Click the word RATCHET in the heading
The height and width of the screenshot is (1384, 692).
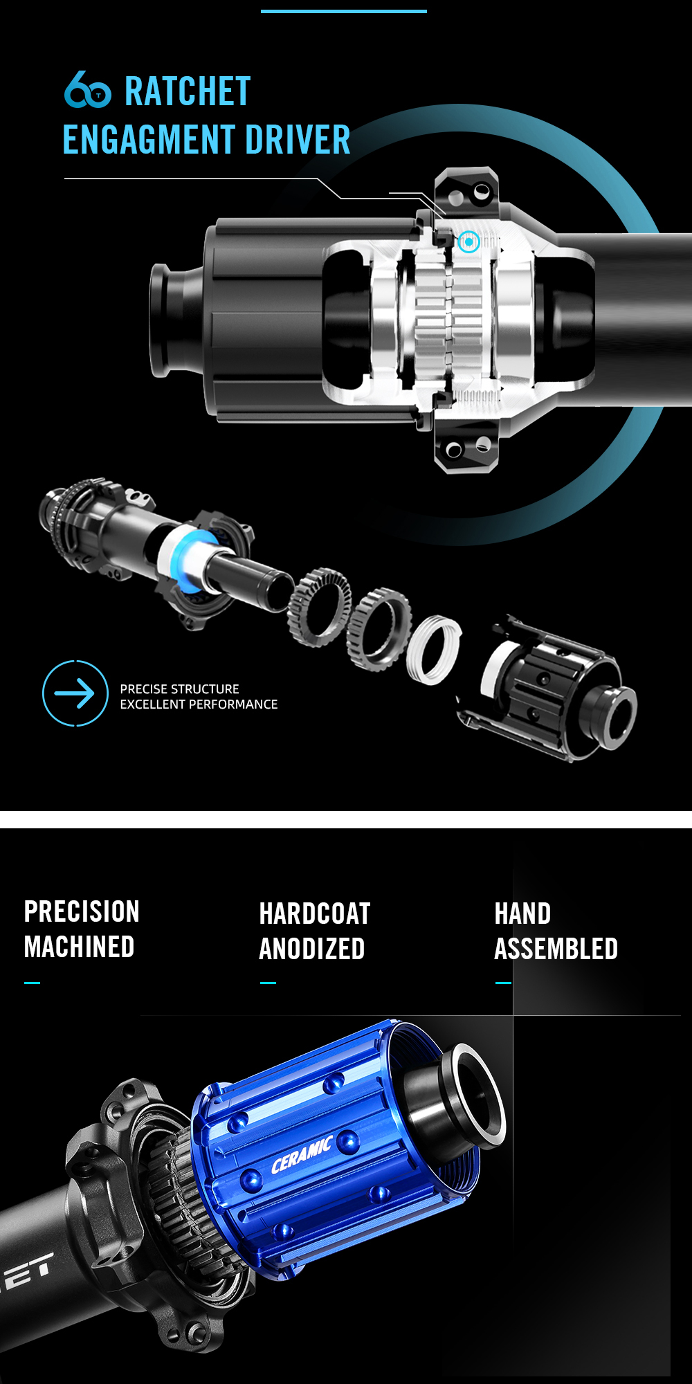188,92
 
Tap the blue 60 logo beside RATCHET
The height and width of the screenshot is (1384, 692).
87,89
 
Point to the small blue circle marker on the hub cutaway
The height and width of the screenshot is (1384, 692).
468,242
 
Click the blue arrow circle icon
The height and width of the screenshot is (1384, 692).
75,693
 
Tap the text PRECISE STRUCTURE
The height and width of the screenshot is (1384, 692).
179,689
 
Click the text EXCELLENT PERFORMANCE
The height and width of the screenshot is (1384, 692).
199,704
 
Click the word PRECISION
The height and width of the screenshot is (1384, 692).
82,911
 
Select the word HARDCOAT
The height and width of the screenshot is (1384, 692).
315,913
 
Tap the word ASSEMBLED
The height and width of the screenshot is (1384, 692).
556,949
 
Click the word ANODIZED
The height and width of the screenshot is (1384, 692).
312,949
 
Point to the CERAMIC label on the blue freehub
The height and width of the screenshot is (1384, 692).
302,1155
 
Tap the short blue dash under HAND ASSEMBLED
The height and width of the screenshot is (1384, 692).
503,983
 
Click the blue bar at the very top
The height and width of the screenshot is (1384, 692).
344,11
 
